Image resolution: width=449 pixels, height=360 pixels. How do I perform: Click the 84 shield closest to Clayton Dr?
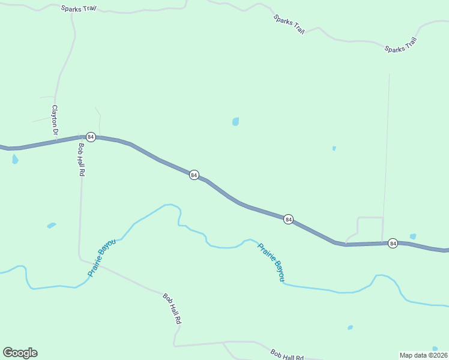pos(91,137)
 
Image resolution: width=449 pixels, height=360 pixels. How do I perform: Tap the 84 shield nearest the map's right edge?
pos(393,243)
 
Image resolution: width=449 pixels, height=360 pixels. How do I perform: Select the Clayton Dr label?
pos(55,120)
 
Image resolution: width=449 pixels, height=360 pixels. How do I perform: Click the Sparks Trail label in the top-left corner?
pos(79,9)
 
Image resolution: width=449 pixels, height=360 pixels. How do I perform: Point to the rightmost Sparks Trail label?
pos(400,45)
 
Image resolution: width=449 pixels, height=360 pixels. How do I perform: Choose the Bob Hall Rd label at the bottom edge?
pos(286,355)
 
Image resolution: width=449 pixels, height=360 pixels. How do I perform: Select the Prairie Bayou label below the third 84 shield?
pos(271,262)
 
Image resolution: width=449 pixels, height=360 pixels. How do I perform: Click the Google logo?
pos(20,353)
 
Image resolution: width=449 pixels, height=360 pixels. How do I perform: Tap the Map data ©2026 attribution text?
pos(423,355)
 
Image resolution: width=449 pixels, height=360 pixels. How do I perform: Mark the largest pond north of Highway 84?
pos(236,121)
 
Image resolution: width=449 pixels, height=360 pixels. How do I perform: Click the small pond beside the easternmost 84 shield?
pos(413,236)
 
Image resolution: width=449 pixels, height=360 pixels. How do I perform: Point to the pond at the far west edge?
pos(15,159)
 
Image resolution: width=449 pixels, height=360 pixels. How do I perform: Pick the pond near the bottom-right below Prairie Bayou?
pos(350,328)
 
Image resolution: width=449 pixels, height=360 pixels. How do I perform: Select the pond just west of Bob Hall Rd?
pos(52,226)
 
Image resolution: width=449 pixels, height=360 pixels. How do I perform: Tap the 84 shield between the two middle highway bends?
pos(194,175)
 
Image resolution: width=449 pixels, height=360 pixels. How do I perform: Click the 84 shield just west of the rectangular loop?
pos(289,220)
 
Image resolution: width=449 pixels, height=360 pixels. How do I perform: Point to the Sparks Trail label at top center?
pos(289,24)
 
